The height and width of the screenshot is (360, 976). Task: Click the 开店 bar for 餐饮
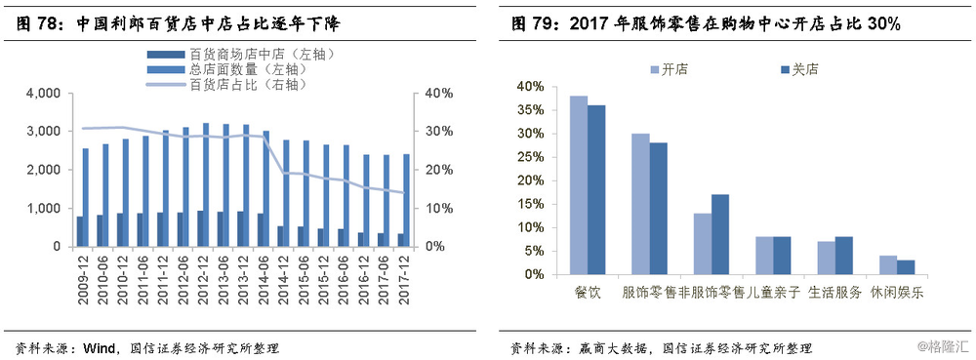pyautogui.click(x=579, y=185)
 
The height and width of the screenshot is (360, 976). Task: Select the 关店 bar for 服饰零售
pyautogui.click(x=658, y=209)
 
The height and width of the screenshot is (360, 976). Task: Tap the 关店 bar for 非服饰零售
pyautogui.click(x=720, y=234)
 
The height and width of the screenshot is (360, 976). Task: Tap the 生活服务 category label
pyautogui.click(x=836, y=292)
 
